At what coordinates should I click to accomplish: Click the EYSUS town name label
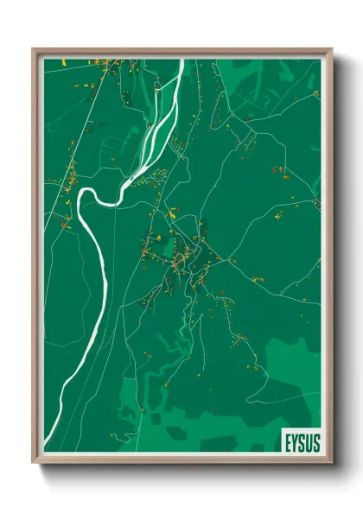tap(302, 442)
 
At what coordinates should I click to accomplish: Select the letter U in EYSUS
tap(309, 442)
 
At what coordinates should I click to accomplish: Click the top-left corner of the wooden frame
tap(34, 49)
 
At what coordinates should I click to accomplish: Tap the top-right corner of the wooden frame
tap(331, 49)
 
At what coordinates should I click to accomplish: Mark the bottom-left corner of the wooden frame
tap(34, 463)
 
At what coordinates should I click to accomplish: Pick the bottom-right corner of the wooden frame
tap(331, 463)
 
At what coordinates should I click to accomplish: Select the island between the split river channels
tap(156, 130)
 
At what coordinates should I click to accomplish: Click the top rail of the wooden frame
tap(181, 52)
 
